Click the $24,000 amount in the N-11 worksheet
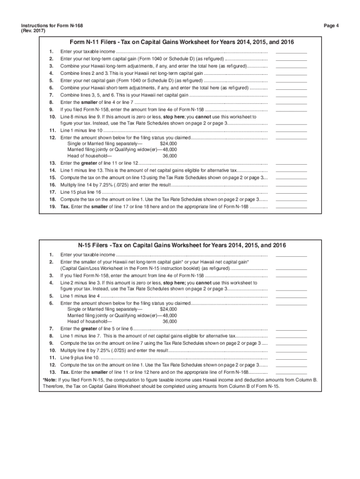coord(168,144)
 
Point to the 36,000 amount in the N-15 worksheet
coord(170,321)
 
